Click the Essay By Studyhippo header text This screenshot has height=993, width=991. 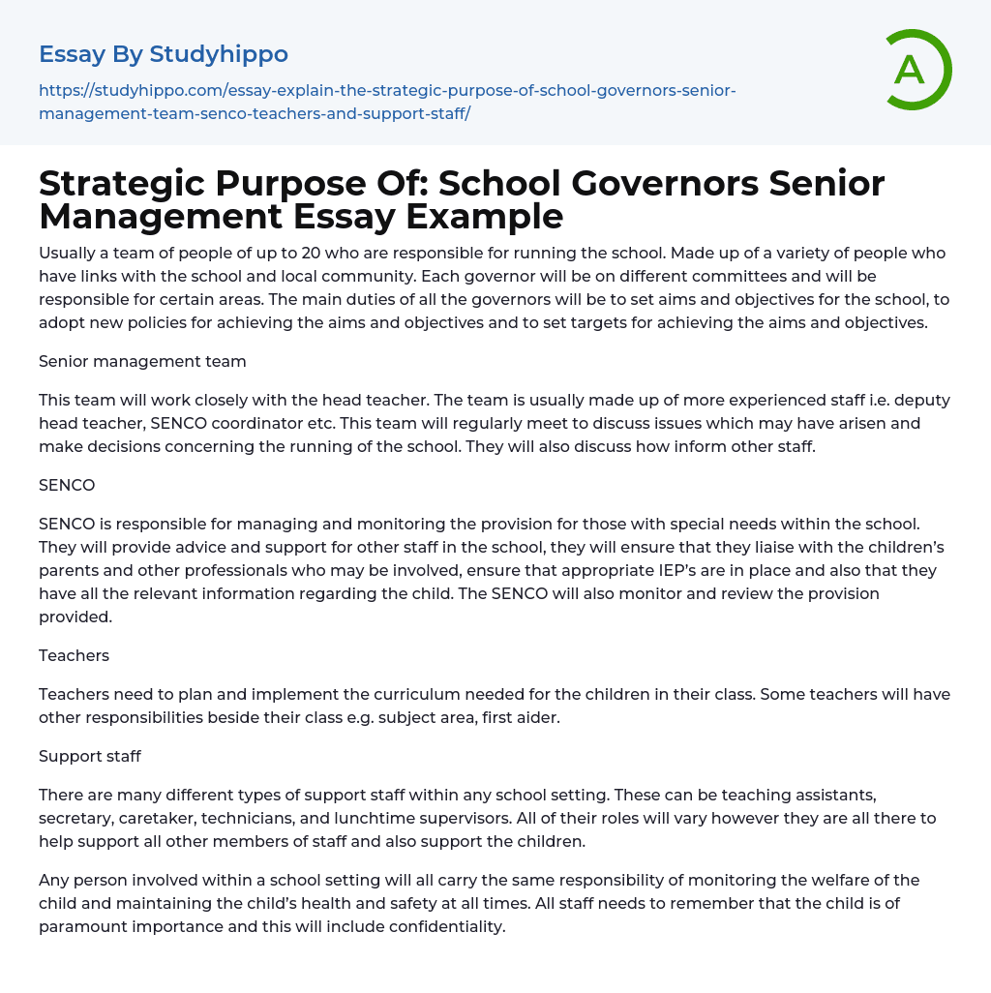point(164,54)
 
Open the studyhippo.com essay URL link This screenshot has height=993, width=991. point(387,102)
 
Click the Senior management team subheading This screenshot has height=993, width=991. point(142,361)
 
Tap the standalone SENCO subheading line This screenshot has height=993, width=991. point(67,485)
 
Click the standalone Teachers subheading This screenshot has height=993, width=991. point(74,655)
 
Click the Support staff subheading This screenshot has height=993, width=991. point(89,756)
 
